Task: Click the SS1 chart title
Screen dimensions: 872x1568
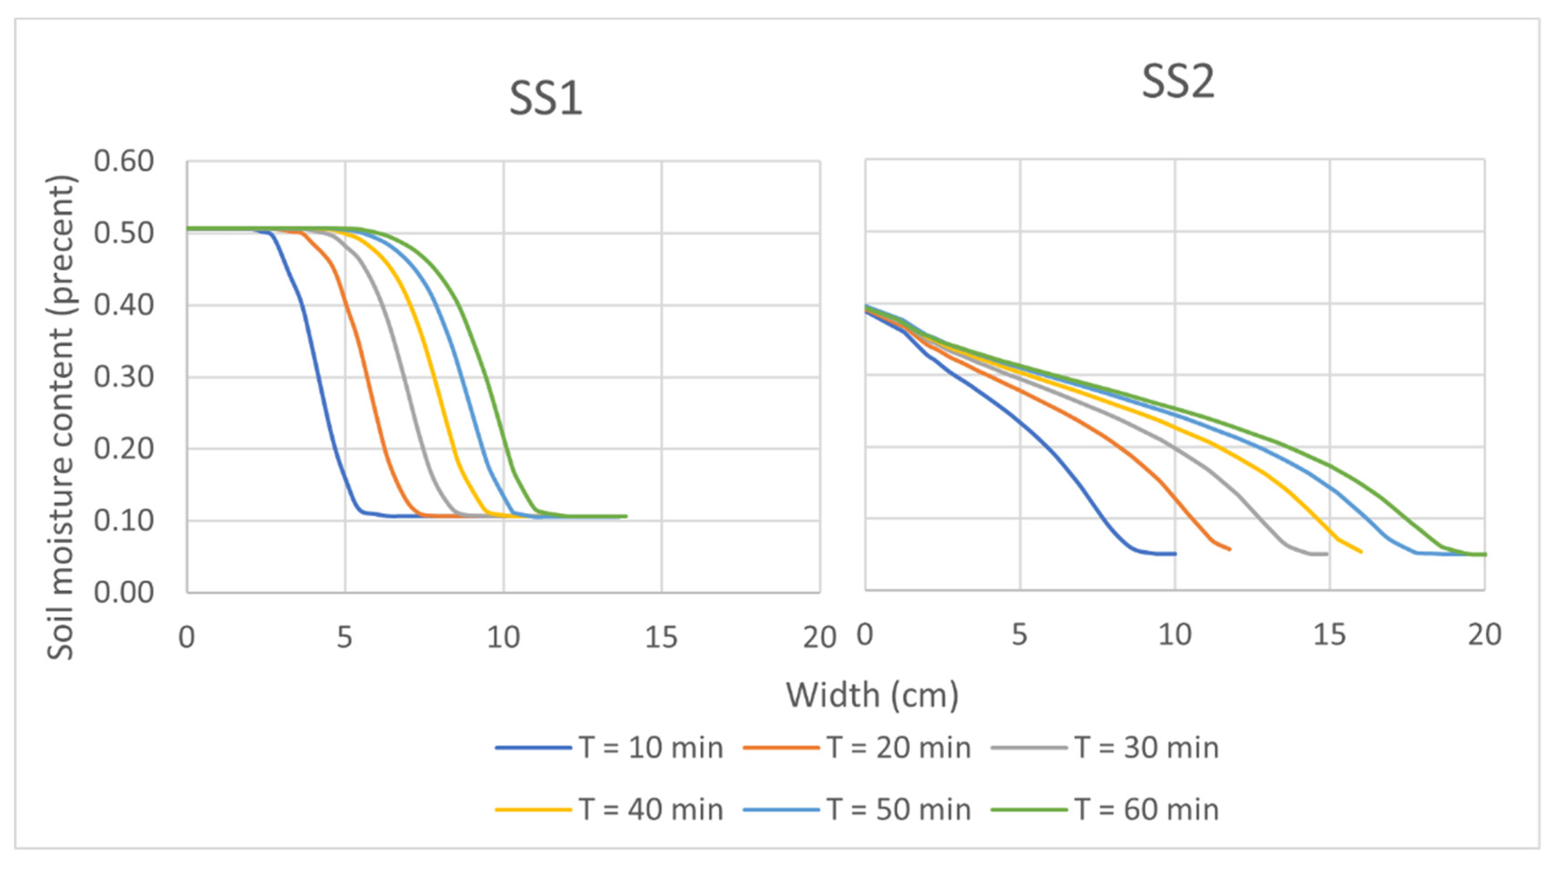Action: point(545,99)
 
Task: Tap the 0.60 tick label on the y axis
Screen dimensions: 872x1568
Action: point(124,161)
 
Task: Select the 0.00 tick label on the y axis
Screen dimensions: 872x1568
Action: point(124,592)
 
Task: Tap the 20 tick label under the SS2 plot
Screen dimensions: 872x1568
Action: point(1484,635)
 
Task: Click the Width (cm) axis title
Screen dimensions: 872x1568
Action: point(872,695)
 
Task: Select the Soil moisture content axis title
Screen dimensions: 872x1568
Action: point(61,417)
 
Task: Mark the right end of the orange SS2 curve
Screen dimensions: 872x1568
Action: point(1230,550)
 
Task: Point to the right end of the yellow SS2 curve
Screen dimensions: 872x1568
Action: point(1361,552)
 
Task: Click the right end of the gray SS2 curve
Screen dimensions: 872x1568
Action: point(1327,554)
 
